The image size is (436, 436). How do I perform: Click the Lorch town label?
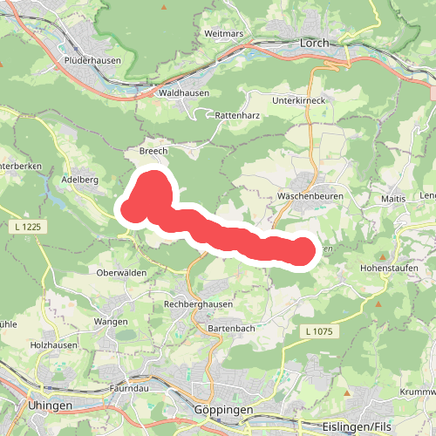pyautogui.click(x=312, y=41)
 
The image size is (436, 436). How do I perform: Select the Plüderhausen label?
pyautogui.click(x=91, y=60)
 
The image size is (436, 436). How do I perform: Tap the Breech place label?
pyautogui.click(x=153, y=151)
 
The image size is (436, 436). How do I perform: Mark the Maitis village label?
pyautogui.click(x=393, y=200)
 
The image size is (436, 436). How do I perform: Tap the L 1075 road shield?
pyautogui.click(x=321, y=331)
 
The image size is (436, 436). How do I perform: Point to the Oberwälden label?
pyautogui.click(x=122, y=273)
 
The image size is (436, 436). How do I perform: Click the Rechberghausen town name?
pyautogui.click(x=200, y=304)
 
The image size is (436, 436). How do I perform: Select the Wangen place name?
pyautogui.click(x=112, y=322)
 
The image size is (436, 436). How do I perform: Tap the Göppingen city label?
pyautogui.click(x=224, y=409)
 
